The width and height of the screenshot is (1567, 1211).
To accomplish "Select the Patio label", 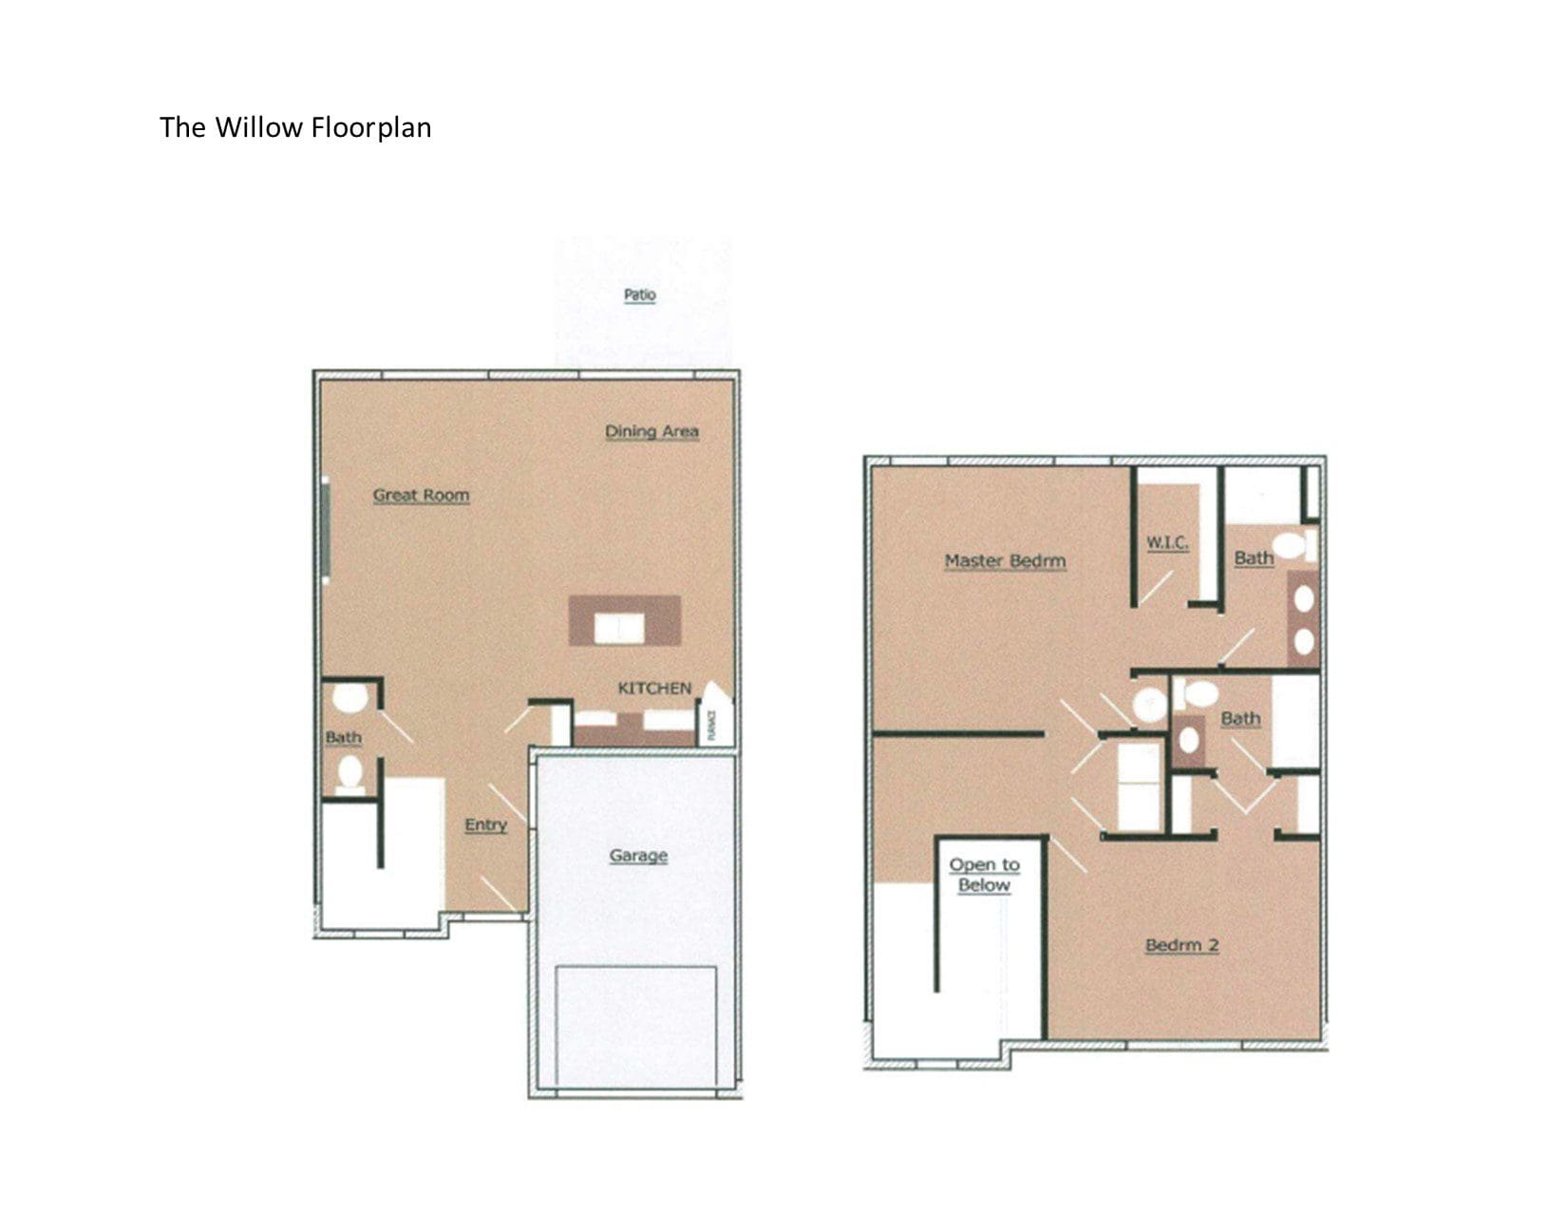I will pos(639,294).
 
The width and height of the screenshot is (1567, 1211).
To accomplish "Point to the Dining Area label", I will pos(651,431).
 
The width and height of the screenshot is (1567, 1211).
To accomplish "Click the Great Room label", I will pos(421,495).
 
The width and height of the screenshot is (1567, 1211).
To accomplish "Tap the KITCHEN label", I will pos(654,688).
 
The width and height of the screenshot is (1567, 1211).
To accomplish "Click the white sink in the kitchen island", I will pos(619,627).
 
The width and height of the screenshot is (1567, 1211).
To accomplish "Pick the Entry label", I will pos(485,824).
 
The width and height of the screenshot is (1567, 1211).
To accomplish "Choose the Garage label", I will pos(638,855).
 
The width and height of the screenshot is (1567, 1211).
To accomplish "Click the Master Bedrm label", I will pos(1005,560).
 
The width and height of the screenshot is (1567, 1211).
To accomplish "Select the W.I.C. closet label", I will pos(1167,542).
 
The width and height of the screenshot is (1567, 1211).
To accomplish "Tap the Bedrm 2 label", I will pos(1181,945).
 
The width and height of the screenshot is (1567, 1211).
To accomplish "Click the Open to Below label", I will pos(984,875).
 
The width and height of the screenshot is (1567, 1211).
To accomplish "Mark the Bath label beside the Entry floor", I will pos(343,737).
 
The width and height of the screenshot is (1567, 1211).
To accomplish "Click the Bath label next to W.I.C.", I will pos(1254,558).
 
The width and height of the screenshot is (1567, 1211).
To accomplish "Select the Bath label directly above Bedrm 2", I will pos(1240,718).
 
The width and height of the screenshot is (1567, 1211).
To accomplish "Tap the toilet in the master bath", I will pos(1292,545).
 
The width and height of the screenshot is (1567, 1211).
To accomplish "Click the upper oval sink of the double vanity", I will pos(1304,598).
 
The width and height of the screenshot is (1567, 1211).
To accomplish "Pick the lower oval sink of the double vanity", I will pos(1304,641).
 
